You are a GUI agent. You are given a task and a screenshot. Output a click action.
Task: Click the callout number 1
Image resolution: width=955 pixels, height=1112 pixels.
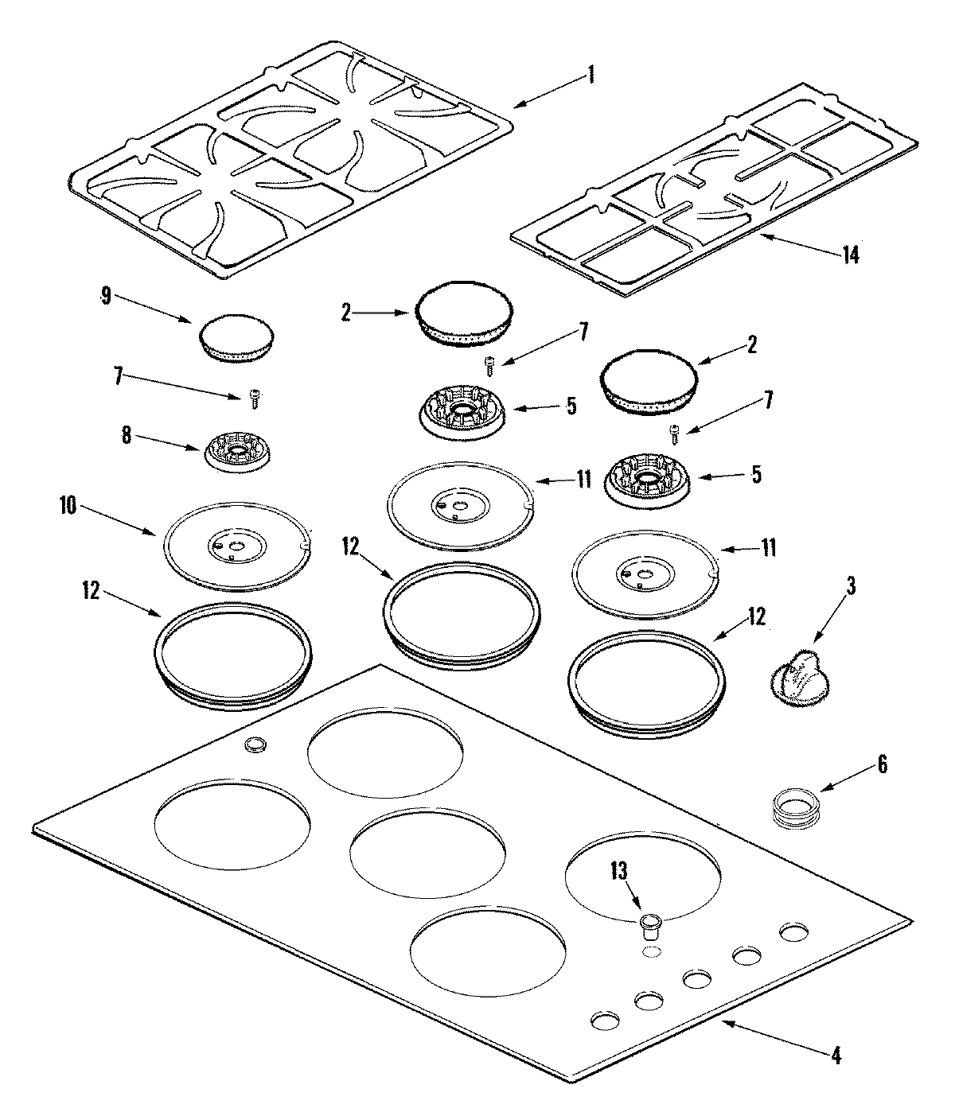coord(590,76)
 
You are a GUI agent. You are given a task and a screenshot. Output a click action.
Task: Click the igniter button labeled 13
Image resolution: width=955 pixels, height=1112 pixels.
coord(650,923)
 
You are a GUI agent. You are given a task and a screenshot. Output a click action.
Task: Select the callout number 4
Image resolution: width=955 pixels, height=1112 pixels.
coord(835,1056)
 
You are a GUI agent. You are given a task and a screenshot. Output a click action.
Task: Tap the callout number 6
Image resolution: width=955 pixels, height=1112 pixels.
coord(881,765)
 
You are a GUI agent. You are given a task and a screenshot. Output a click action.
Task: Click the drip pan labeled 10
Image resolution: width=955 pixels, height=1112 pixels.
coord(236,545)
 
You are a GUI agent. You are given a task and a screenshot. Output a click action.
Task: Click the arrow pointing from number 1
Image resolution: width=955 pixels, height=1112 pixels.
coord(549,91)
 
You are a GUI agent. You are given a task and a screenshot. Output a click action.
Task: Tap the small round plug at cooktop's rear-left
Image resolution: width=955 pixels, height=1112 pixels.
coord(255,744)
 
